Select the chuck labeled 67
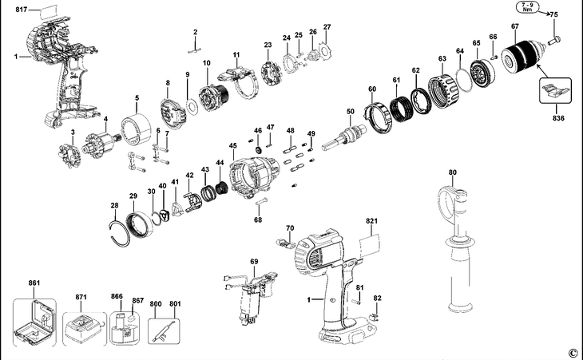point(529,55)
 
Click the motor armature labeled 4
point(101,147)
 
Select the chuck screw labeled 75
point(557,38)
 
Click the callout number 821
point(371,220)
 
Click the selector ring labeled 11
point(238,80)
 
